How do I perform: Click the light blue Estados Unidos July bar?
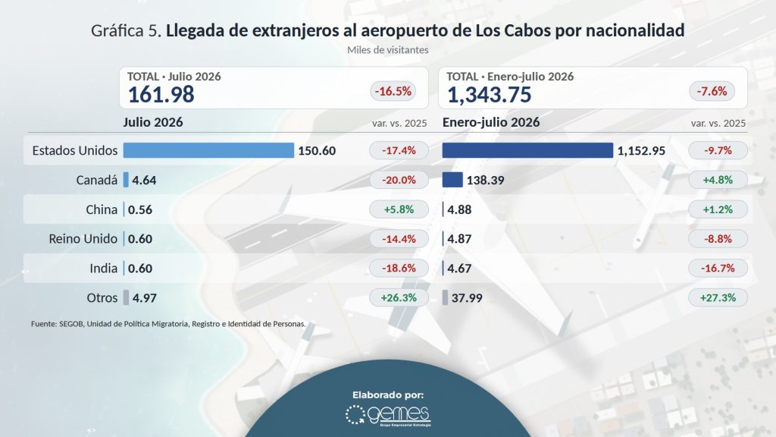pos(208,150)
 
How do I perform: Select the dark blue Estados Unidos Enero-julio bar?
pos(527,150)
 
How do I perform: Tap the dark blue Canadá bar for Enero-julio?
pos(452,179)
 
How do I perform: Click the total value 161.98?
pos(161,95)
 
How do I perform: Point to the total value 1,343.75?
pos(489,95)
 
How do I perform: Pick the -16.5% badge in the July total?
pos(393,91)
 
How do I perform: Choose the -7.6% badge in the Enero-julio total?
pos(712,91)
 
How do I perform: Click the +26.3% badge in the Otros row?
pos(399,297)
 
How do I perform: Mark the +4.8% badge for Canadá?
pos(718,180)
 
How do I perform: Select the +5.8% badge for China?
pos(399,209)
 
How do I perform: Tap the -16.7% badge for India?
pos(718,268)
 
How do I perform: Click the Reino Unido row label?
pos(83,239)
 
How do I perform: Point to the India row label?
pos(103,268)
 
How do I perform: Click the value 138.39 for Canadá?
pos(486,180)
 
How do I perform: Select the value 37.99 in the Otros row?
pos(467,297)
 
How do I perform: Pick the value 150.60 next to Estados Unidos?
pos(317,151)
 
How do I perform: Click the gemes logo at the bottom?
pos(388,415)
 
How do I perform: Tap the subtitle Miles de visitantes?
pos(387,50)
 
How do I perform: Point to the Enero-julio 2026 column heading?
pos(491,122)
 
